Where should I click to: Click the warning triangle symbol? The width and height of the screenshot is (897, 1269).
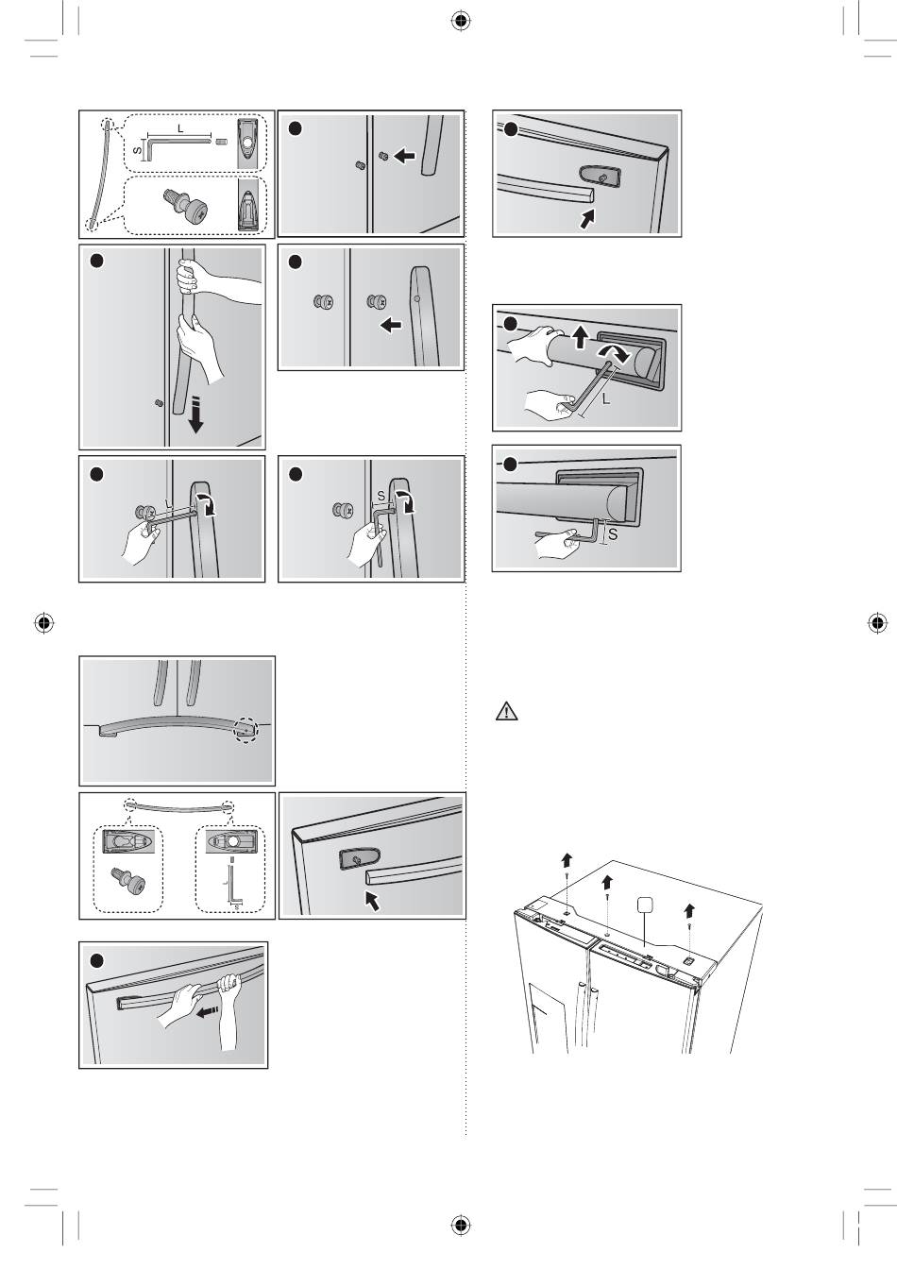point(506,711)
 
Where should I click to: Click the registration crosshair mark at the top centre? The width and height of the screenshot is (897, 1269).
point(462,21)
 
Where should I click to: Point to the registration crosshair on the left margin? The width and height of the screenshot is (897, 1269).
point(43,623)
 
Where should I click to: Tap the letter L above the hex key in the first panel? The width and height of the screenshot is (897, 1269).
point(180,128)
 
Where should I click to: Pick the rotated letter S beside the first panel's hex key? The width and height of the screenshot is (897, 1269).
point(137,151)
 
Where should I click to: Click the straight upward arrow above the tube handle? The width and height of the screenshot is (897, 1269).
point(580,336)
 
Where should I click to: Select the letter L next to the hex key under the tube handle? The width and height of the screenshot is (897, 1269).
point(606,398)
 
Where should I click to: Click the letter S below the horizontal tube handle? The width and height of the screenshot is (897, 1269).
point(613,534)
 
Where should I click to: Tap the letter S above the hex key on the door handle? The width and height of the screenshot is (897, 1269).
point(381,496)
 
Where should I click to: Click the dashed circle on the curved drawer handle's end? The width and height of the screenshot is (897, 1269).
point(246,730)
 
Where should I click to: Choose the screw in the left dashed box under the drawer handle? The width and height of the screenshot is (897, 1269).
point(128,880)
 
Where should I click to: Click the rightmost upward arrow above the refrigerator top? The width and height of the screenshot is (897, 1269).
point(689,910)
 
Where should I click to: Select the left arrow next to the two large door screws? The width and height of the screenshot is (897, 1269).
point(391,325)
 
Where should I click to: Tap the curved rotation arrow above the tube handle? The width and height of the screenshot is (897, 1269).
point(612,352)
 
